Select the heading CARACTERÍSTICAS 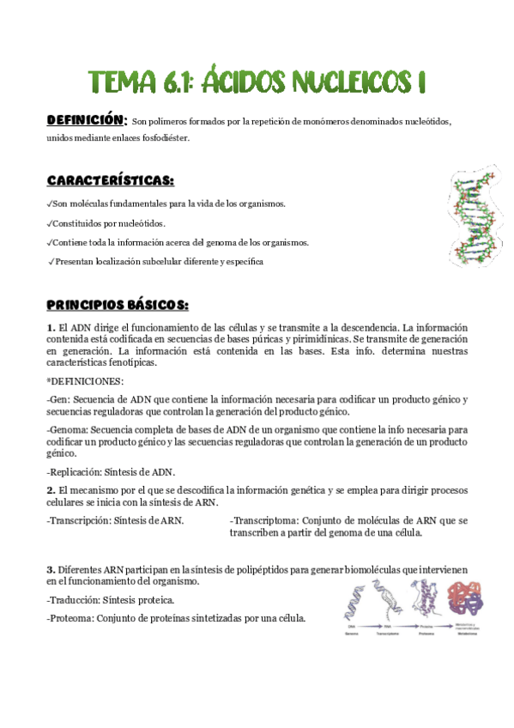click(x=111, y=181)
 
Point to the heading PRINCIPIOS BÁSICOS click(x=118, y=306)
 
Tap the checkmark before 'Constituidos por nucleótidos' click(x=50, y=223)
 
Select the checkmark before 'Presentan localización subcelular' click(x=52, y=261)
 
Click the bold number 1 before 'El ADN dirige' click(x=51, y=328)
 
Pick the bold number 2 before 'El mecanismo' click(x=51, y=489)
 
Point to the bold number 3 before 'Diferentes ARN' click(x=51, y=569)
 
